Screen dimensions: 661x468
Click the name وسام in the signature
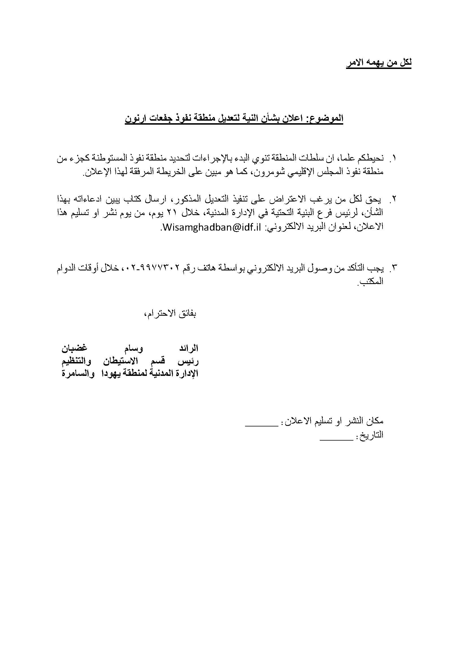point(133,348)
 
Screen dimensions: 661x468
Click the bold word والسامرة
point(78,374)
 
